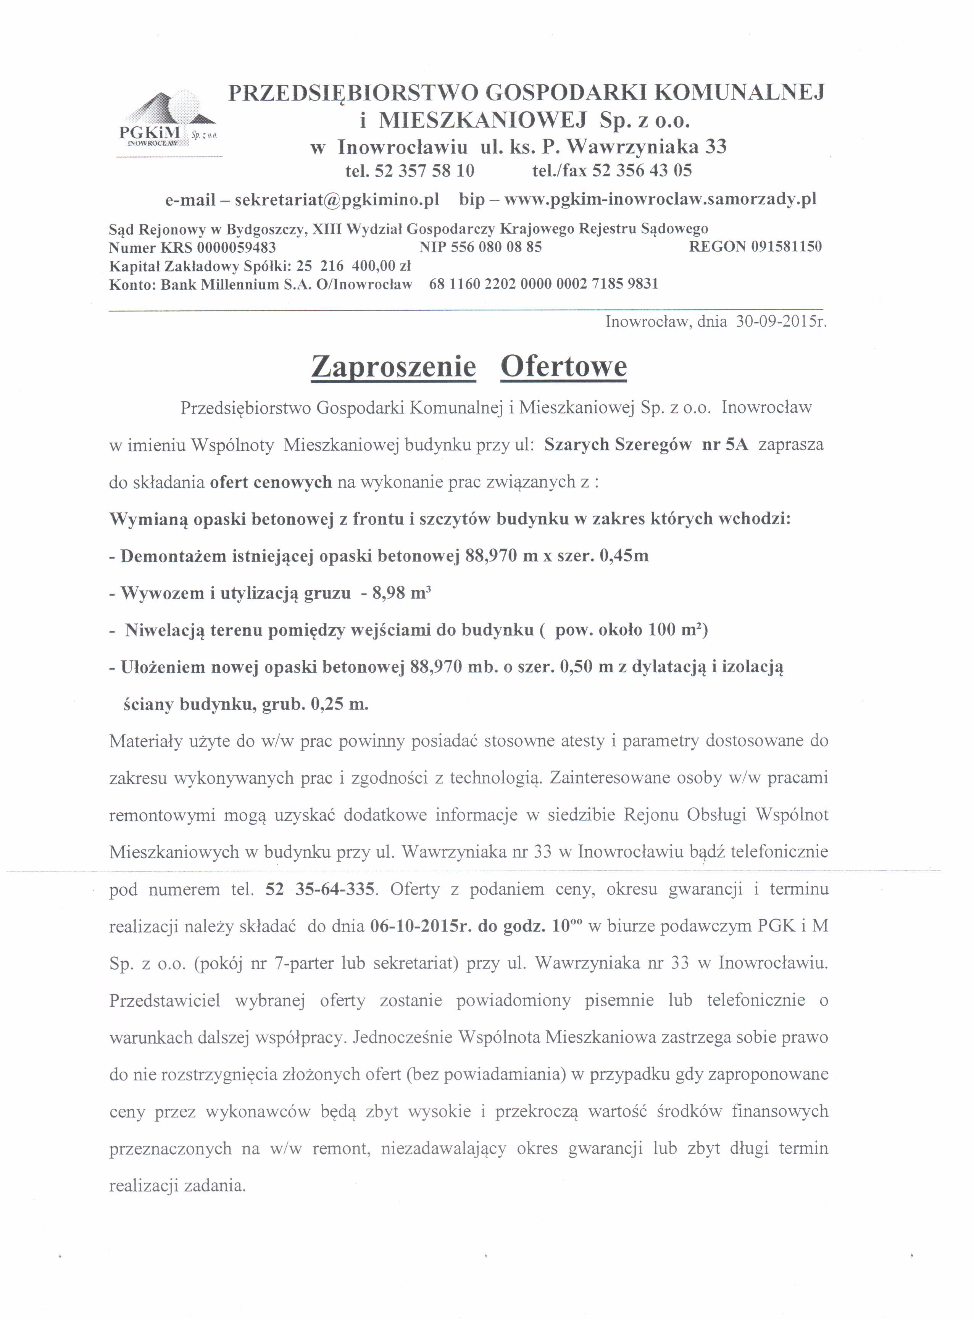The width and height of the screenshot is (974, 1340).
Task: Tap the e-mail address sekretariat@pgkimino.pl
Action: pos(337,200)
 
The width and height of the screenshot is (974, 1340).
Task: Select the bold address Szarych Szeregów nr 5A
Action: pos(646,445)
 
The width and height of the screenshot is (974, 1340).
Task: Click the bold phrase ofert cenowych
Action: pos(271,482)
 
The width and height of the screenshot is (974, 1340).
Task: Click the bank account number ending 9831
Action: pos(543,284)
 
